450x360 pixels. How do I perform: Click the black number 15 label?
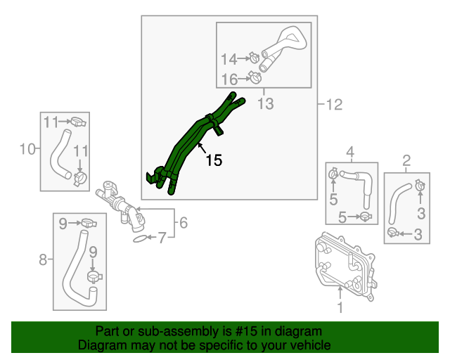pyautogui.click(x=214, y=160)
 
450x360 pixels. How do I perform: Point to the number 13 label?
pyautogui.click(x=264, y=105)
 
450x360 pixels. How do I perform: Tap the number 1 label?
pyautogui.click(x=340, y=307)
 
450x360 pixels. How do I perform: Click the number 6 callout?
pyautogui.click(x=183, y=224)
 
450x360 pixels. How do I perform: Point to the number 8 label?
pyautogui.click(x=42, y=260)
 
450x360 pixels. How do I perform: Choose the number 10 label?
pyautogui.click(x=27, y=148)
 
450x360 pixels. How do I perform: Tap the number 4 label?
pyautogui.click(x=349, y=151)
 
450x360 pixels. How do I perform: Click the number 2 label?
pyautogui.click(x=406, y=162)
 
